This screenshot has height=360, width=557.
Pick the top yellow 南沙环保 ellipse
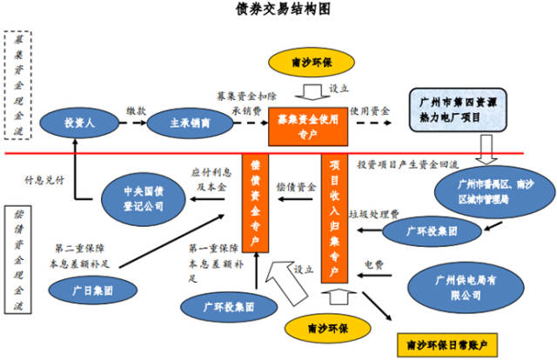(x=309, y=63)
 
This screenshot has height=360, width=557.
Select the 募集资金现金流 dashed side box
(x=17, y=86)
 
